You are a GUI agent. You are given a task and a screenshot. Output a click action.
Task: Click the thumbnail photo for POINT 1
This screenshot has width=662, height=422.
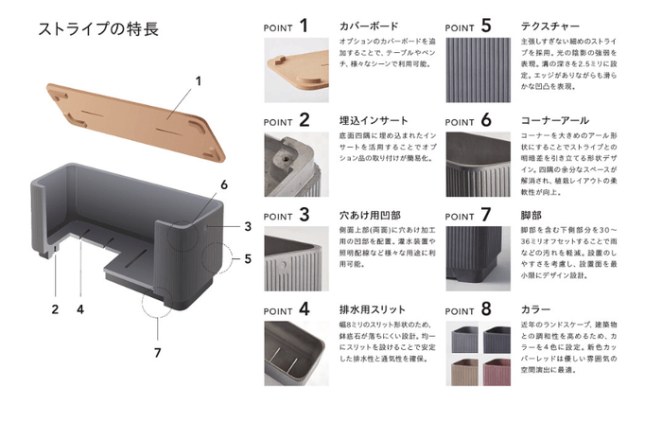click(294, 71)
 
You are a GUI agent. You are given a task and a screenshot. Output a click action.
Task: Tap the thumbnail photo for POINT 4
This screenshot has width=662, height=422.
click(294, 354)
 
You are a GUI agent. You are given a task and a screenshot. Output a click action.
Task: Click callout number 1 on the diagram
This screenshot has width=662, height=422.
click(200, 81)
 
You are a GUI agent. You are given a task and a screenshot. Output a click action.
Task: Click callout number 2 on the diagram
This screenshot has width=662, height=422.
click(56, 309)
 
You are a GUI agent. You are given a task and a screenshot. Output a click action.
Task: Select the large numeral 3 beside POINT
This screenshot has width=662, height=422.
click(305, 214)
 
